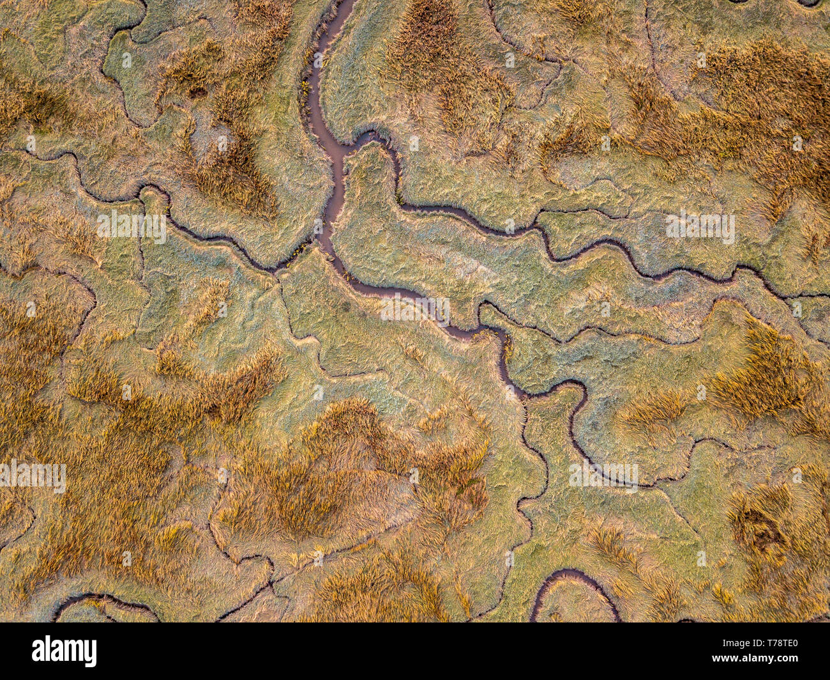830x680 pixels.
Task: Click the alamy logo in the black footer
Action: [x=64, y=651]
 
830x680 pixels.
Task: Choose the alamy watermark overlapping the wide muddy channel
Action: [x=415, y=309]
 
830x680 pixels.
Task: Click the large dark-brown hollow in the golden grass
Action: [x=760, y=530]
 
